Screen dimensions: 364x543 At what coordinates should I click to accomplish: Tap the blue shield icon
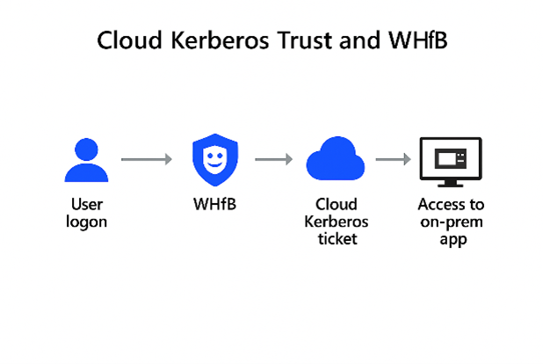[x=215, y=159]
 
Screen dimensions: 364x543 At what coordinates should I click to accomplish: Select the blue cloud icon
[x=335, y=161]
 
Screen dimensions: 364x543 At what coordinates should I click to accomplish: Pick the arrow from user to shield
[x=146, y=159]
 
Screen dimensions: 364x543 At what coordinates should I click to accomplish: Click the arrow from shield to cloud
[x=273, y=159]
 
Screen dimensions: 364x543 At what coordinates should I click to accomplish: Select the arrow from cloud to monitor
[x=394, y=159]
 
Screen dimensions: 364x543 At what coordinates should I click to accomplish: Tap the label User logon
[x=86, y=213]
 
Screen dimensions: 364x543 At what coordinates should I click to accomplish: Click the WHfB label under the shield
[x=215, y=205]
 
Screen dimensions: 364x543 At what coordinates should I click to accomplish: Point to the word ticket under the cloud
[x=337, y=237]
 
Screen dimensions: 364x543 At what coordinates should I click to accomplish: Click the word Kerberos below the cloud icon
[x=337, y=221]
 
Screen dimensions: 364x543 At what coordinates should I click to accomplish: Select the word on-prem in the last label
[x=451, y=222]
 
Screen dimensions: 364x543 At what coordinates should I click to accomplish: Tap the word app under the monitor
[x=451, y=238]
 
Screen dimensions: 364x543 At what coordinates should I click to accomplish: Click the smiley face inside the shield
[x=215, y=158]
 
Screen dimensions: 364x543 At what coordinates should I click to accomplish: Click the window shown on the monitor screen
[x=451, y=158]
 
